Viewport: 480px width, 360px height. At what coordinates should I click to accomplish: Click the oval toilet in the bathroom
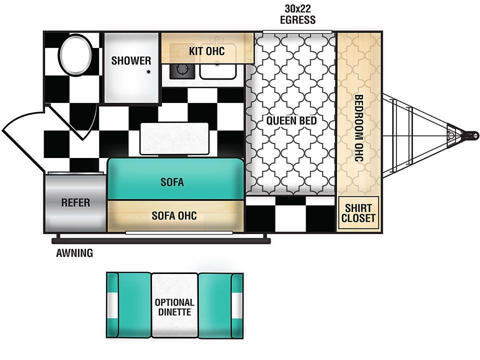pos(75,55)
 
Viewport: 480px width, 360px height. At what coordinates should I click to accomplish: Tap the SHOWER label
pos(131,60)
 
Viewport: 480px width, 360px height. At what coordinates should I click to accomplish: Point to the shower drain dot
pos(148,72)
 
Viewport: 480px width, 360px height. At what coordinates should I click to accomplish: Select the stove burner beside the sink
pos(182,70)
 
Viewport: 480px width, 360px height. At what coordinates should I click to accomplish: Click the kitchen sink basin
pos(218,70)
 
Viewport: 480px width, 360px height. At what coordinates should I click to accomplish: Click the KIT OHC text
pos(207,51)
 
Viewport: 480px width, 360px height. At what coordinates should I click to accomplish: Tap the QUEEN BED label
pos(291,120)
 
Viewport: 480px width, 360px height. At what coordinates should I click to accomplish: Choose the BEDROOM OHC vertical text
pos(358,128)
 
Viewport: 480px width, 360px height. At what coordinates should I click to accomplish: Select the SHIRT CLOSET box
pos(358,213)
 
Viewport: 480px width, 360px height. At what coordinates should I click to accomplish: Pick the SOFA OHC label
pos(174,216)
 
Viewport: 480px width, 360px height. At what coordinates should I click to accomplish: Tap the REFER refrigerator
pos(75,202)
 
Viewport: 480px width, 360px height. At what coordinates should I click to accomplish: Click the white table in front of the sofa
pos(174,138)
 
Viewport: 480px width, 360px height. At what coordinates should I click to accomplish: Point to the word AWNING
pos(74,253)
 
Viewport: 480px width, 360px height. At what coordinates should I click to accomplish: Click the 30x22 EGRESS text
pos(297,14)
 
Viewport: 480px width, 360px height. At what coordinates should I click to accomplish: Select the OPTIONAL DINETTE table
pos(174,305)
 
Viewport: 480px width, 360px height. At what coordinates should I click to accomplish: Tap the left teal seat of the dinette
pos(129,305)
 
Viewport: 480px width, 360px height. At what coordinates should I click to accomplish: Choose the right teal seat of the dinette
pos(220,305)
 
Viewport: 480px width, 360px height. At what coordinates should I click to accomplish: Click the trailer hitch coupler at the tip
pos(470,135)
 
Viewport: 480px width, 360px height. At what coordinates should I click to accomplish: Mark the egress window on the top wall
pos(297,32)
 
